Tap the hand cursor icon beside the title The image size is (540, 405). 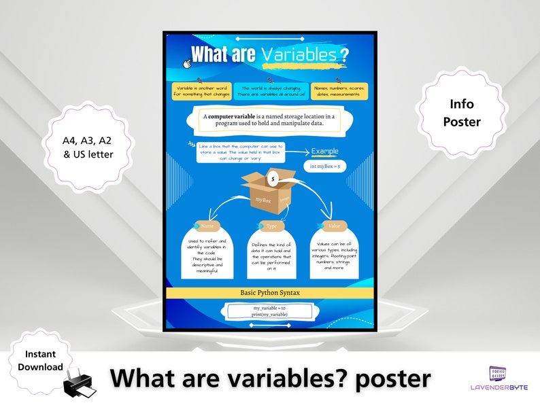coord(186,63)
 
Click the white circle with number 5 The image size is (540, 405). coord(273,179)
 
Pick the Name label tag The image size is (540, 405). coord(207,226)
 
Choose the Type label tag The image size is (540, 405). coord(270,226)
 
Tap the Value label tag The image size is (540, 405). coord(333,226)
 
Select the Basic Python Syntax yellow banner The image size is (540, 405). coord(270,292)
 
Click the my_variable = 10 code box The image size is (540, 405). coord(270,311)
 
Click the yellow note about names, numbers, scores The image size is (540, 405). coord(340,91)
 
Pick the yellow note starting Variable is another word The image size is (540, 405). coord(202,91)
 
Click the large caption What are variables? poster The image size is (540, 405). coord(271,378)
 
